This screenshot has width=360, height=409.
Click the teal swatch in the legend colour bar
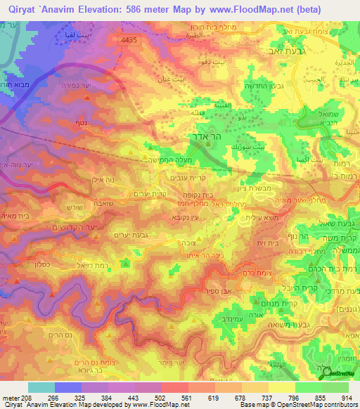click(41, 387)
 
